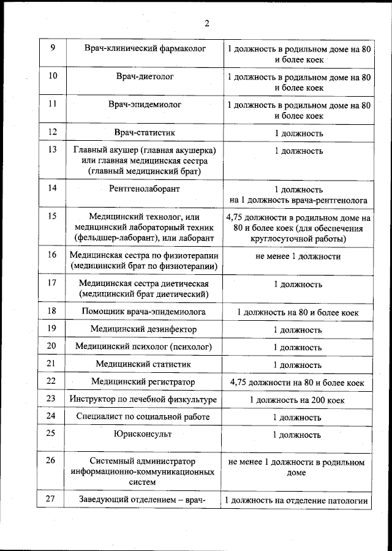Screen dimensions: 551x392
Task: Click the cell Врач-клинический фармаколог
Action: [145, 48]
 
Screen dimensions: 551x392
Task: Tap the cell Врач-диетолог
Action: [145, 77]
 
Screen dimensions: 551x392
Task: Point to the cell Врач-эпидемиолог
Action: [145, 105]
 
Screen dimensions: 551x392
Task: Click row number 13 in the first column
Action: [52, 150]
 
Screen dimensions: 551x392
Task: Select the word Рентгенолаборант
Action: [145, 189]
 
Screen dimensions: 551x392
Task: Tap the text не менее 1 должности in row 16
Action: [298, 256]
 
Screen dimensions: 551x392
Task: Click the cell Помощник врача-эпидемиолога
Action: [145, 312]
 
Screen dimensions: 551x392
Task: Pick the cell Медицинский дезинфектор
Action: [145, 329]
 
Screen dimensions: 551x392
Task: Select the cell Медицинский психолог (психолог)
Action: [145, 347]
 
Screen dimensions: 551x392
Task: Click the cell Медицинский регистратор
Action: [145, 383]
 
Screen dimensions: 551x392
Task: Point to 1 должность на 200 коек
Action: [298, 400]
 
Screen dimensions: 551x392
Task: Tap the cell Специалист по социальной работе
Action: [145, 418]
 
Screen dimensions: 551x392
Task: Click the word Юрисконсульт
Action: [145, 434]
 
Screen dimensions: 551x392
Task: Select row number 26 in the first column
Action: [52, 460]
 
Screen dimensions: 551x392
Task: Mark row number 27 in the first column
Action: [52, 500]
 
